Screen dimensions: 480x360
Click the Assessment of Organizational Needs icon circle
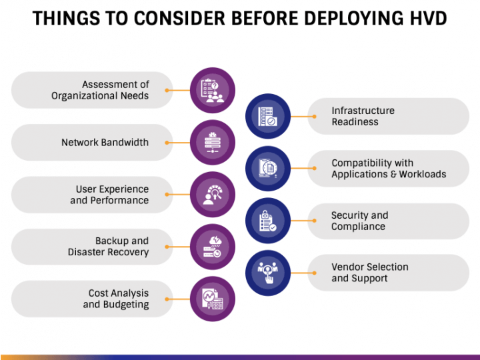coord(213,90)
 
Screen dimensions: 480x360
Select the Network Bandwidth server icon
coord(213,143)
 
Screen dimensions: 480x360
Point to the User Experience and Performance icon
coord(213,195)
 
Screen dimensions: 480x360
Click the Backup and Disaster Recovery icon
coord(213,247)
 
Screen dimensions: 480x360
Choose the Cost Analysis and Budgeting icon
coord(213,299)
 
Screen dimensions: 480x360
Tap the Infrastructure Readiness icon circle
coord(268,116)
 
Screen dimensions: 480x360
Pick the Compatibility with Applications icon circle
coord(268,169)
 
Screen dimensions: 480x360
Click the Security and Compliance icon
coord(268,221)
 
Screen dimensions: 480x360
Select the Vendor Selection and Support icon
coord(268,273)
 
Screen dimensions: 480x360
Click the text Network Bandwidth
coord(105,143)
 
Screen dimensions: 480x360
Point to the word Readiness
coord(355,122)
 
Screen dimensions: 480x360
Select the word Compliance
coord(358,227)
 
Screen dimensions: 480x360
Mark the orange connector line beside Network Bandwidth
coord(177,143)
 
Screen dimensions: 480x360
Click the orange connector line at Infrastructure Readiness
coord(303,116)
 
